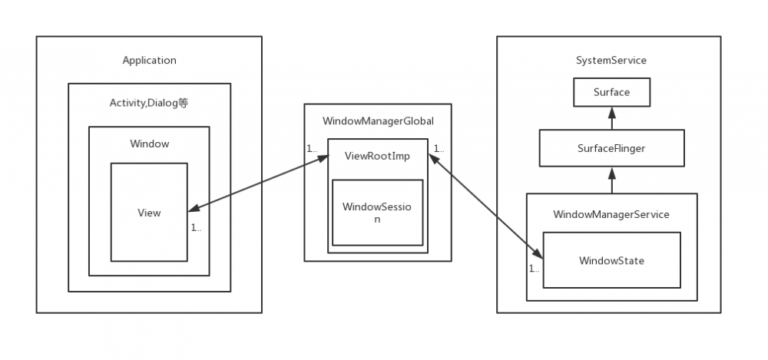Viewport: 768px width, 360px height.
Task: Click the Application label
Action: [x=149, y=60]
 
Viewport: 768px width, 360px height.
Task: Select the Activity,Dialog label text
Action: [x=149, y=103]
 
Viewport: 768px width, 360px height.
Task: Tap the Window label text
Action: [x=149, y=144]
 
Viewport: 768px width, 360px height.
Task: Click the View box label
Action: [x=149, y=213]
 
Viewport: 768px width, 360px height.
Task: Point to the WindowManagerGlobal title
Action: [x=378, y=121]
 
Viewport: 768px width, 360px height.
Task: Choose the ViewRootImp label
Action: [x=378, y=156]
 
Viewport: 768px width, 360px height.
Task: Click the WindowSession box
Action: [x=377, y=213]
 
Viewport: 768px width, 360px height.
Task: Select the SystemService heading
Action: [x=611, y=60]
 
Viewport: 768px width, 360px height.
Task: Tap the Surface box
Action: [x=611, y=92]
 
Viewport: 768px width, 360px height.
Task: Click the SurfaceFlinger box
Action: [x=611, y=148]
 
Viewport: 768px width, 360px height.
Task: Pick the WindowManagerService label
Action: [x=611, y=214]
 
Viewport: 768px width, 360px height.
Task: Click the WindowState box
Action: [x=611, y=260]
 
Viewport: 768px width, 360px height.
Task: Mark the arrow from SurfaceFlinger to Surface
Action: [x=611, y=117]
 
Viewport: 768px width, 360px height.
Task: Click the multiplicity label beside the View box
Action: [x=197, y=228]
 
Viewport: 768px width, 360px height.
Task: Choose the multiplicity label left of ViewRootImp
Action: [x=312, y=148]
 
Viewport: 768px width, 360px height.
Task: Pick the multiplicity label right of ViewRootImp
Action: [x=439, y=148]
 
